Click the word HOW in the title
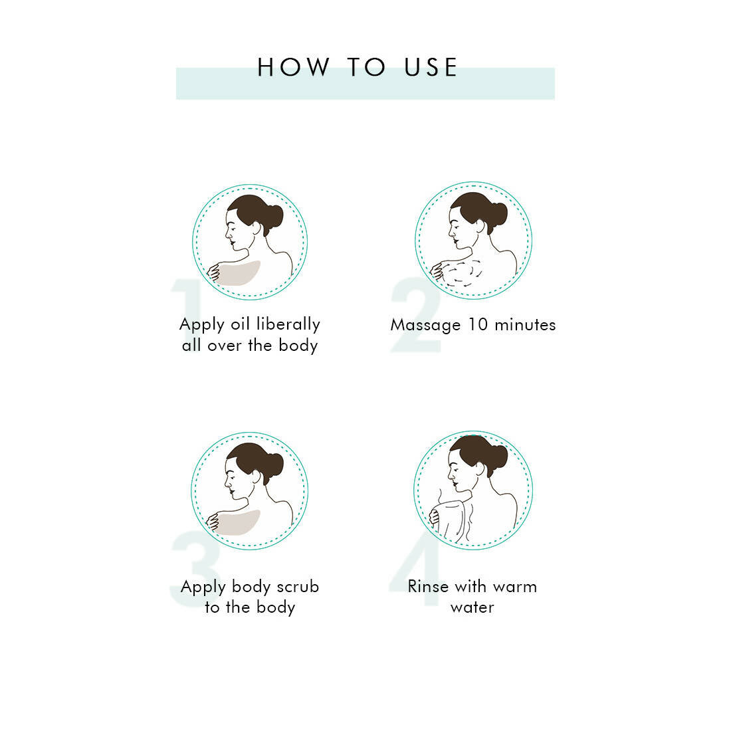click(x=293, y=67)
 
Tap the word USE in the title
click(x=431, y=67)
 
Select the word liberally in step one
click(x=288, y=324)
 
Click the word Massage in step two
click(x=425, y=326)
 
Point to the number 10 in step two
click(x=478, y=324)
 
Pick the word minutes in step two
click(x=526, y=324)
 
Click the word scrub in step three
click(x=298, y=587)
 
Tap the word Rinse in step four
click(x=429, y=587)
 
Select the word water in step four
click(x=472, y=608)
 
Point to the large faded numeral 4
click(x=415, y=574)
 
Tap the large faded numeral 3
click(x=196, y=570)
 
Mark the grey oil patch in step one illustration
click(x=239, y=273)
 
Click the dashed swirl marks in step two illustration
click(x=463, y=273)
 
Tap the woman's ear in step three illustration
click(x=256, y=476)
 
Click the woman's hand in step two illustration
click(x=437, y=271)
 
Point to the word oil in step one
click(x=241, y=324)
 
